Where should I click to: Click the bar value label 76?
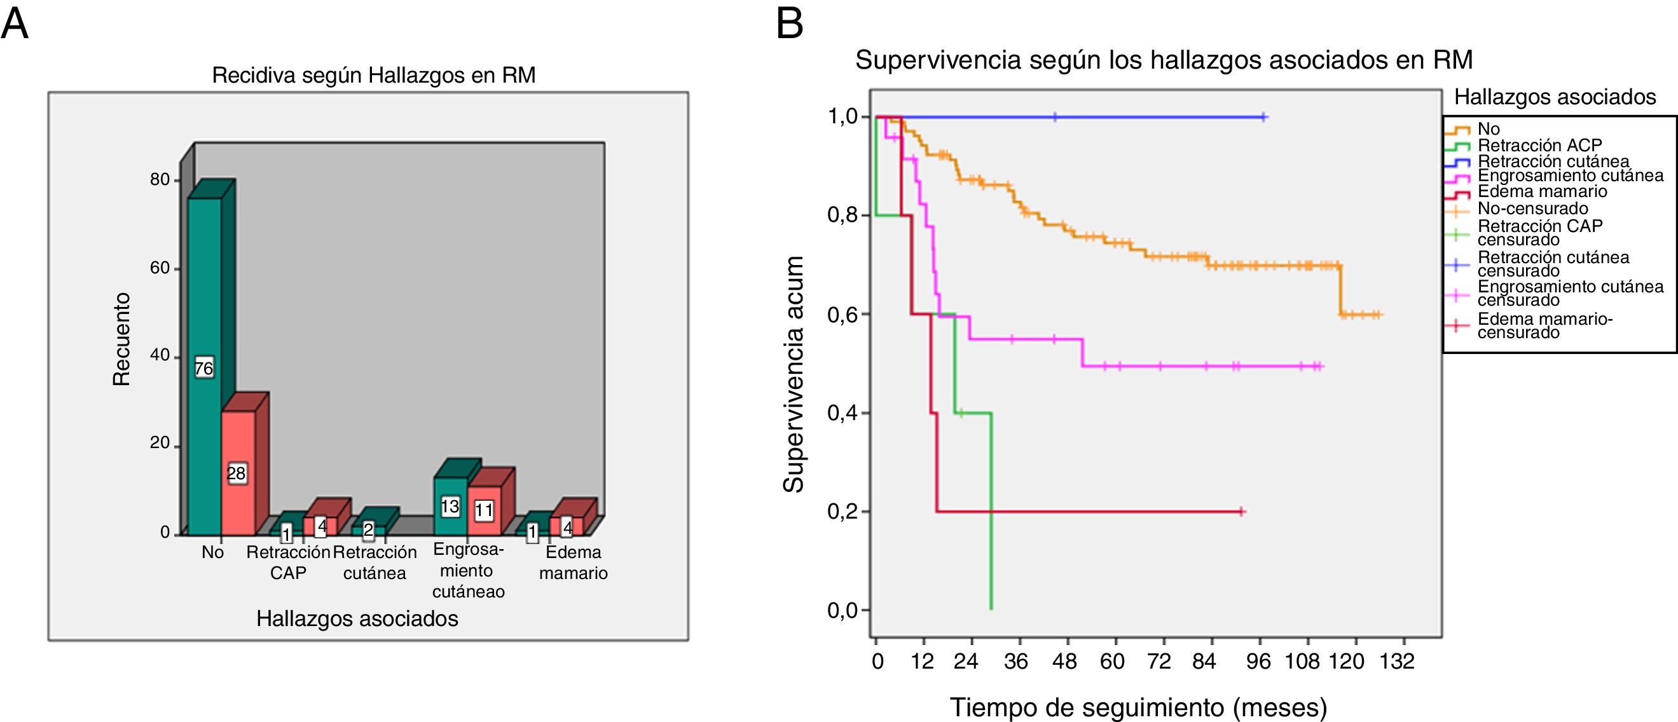tap(204, 369)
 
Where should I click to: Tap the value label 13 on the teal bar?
tap(450, 507)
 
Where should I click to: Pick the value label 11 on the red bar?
tap(484, 510)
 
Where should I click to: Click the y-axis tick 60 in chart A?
tap(160, 268)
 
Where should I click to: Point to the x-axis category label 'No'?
tap(212, 553)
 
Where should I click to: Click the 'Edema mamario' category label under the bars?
tap(574, 562)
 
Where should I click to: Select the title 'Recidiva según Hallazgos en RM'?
tap(374, 76)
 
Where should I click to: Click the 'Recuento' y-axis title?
tap(122, 339)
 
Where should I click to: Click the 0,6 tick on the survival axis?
tap(842, 315)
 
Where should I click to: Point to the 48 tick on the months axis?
tap(1065, 662)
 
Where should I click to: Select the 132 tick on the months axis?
tap(1396, 662)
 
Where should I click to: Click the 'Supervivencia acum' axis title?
tap(794, 374)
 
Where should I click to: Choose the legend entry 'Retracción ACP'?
tap(1539, 145)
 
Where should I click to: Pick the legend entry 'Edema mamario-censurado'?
tap(1544, 325)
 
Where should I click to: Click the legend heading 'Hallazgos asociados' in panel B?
tap(1555, 98)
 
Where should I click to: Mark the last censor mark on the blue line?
tap(1263, 117)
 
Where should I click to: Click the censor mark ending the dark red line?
tap(1242, 512)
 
